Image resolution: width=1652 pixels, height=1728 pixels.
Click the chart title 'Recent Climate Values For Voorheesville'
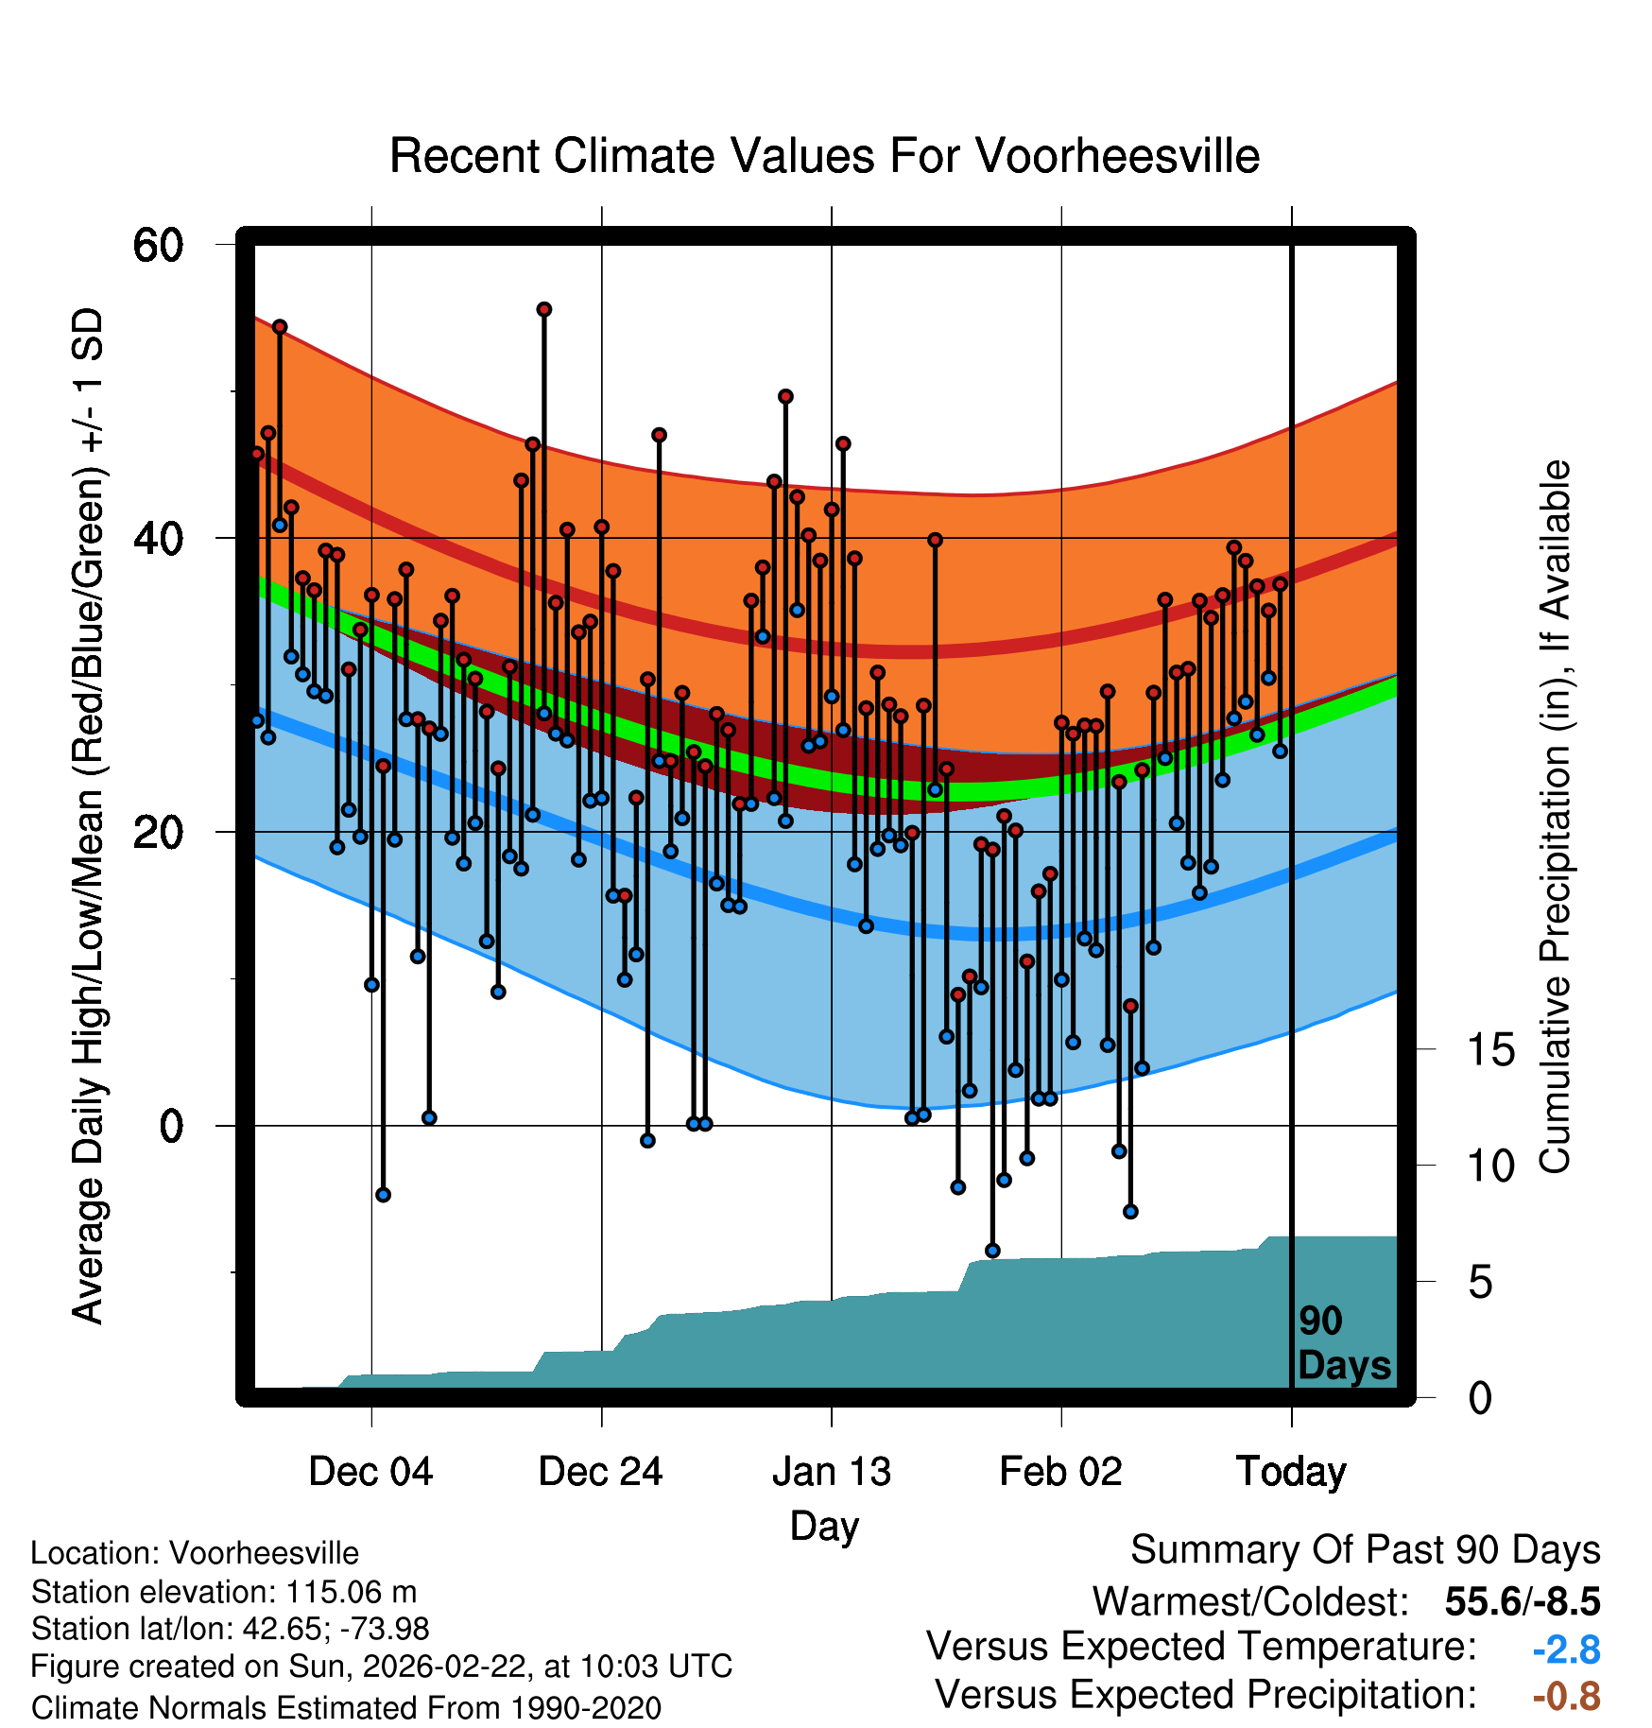pyautogui.click(x=824, y=156)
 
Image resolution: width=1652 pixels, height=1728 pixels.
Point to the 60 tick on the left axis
pyautogui.click(x=158, y=245)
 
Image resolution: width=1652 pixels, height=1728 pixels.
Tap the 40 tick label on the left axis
pyautogui.click(x=158, y=539)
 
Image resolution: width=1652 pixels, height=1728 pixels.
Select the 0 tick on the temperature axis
pyautogui.click(x=171, y=1126)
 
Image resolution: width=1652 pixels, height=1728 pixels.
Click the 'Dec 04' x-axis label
pyautogui.click(x=370, y=1472)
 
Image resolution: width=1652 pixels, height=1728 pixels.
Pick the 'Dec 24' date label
pyautogui.click(x=601, y=1472)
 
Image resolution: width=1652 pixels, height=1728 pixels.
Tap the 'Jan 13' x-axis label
pyautogui.click(x=832, y=1472)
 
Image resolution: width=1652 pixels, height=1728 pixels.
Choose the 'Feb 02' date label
pyautogui.click(x=1060, y=1472)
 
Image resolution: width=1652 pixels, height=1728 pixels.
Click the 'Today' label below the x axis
pyautogui.click(x=1291, y=1472)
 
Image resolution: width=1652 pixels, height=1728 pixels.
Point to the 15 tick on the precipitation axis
pyautogui.click(x=1490, y=1049)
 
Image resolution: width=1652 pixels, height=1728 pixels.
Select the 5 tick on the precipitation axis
pyautogui.click(x=1480, y=1283)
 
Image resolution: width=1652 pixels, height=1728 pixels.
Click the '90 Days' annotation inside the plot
pyautogui.click(x=1343, y=1344)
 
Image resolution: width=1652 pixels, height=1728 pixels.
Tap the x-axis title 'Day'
pyautogui.click(x=824, y=1526)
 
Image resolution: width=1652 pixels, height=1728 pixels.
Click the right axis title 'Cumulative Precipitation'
pyautogui.click(x=1555, y=817)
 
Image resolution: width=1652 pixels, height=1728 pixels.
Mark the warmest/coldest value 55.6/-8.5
pyautogui.click(x=1522, y=1601)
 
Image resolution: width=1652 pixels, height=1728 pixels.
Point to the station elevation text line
pyautogui.click(x=224, y=1592)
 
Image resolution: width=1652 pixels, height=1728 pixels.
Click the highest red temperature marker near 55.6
pyautogui.click(x=544, y=310)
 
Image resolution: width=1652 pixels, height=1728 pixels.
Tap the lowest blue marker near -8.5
pyautogui.click(x=992, y=1251)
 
